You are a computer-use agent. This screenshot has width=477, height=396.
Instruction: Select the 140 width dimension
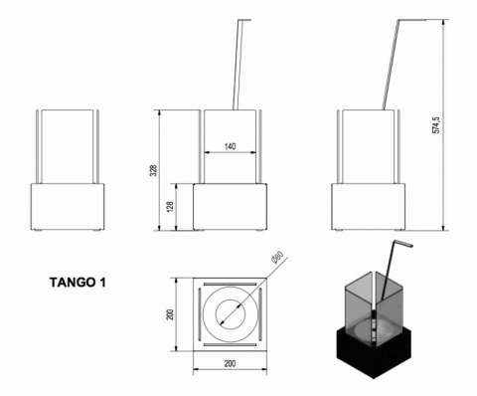click(231, 145)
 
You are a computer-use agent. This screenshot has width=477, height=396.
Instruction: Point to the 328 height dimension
click(167, 169)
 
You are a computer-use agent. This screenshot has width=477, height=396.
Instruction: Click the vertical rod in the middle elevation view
click(239, 60)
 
